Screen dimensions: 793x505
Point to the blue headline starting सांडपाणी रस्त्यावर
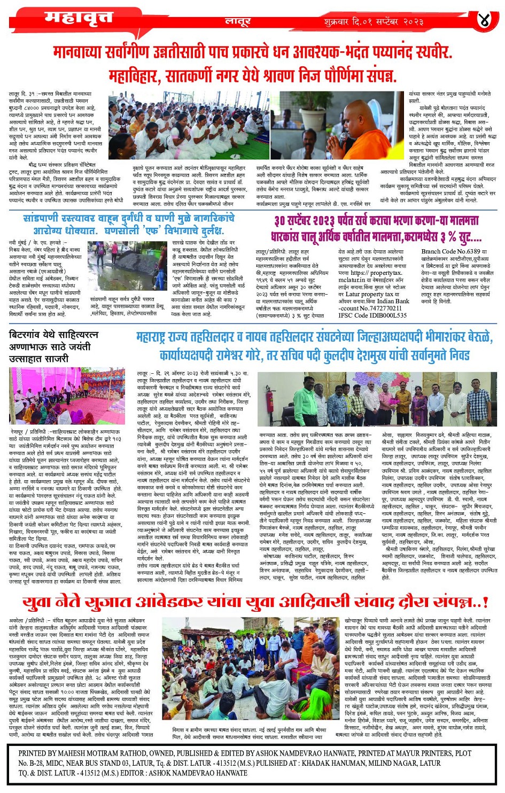coord(128,224)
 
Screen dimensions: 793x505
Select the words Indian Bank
coord(392,301)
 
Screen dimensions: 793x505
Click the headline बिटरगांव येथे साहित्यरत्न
coord(53,335)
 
